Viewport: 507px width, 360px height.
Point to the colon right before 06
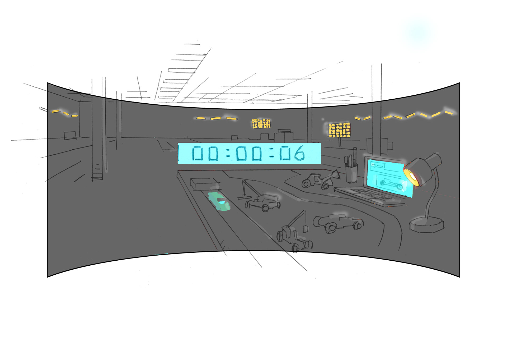pos(272,154)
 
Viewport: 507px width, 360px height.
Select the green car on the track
pos(219,202)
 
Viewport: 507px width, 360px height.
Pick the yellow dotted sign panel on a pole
pos(339,130)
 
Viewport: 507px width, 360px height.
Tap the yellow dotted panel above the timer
pos(261,123)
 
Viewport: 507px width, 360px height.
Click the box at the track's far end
pos(205,184)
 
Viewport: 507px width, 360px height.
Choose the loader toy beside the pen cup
pos(320,180)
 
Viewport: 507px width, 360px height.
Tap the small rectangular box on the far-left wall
pos(70,135)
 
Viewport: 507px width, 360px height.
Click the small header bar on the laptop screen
pos(378,166)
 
